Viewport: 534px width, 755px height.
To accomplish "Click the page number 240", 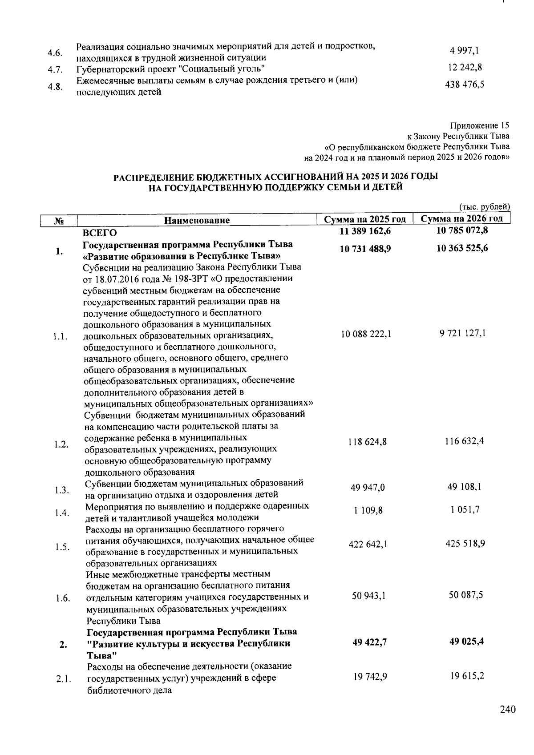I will coord(507,709).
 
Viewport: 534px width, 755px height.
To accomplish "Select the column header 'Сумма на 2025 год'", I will coord(365,219).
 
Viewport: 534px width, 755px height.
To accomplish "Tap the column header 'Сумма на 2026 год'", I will coord(462,218).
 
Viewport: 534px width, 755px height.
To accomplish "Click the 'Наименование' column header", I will coord(197,220).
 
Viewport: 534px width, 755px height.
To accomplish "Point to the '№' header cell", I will coord(59,220).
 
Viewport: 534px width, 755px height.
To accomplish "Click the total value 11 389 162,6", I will coord(365,231).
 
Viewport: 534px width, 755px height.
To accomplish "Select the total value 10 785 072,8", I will coord(462,230).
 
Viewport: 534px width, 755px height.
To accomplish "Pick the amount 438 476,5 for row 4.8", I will coord(465,85).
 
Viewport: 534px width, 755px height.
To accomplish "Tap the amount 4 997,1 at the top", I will coord(465,51).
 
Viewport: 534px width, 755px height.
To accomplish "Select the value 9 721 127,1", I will coord(462,333).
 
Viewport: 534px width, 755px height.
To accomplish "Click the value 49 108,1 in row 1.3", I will coord(464,487).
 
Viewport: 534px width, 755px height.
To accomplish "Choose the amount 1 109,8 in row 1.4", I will coord(368,510).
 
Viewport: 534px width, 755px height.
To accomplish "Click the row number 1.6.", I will coord(63,598).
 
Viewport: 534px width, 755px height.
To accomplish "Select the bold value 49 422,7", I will coord(368,642).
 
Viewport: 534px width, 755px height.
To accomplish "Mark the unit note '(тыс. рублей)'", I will coord(484,207).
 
